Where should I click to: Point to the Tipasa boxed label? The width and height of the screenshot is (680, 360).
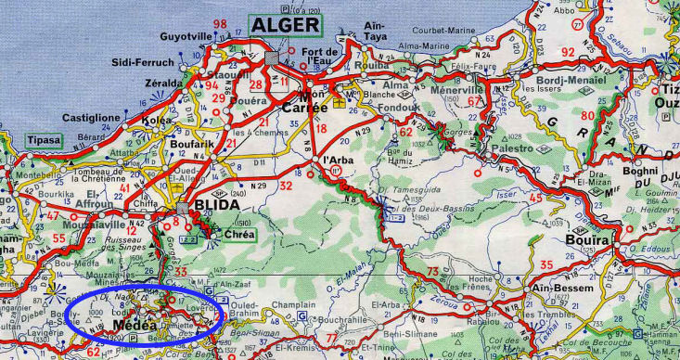pyautogui.click(x=41, y=140)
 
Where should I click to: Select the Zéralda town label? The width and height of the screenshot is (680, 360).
pyautogui.click(x=142, y=83)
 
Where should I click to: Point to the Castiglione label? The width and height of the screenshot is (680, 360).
pyautogui.click(x=96, y=118)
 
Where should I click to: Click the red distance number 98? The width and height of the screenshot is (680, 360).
pyautogui.click(x=220, y=22)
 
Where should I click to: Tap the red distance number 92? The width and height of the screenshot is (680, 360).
pyautogui.click(x=568, y=51)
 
